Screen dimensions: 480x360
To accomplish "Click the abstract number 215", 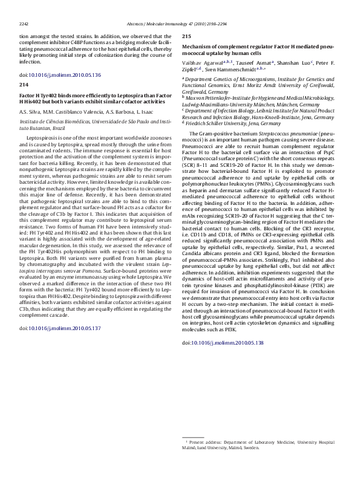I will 187,36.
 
